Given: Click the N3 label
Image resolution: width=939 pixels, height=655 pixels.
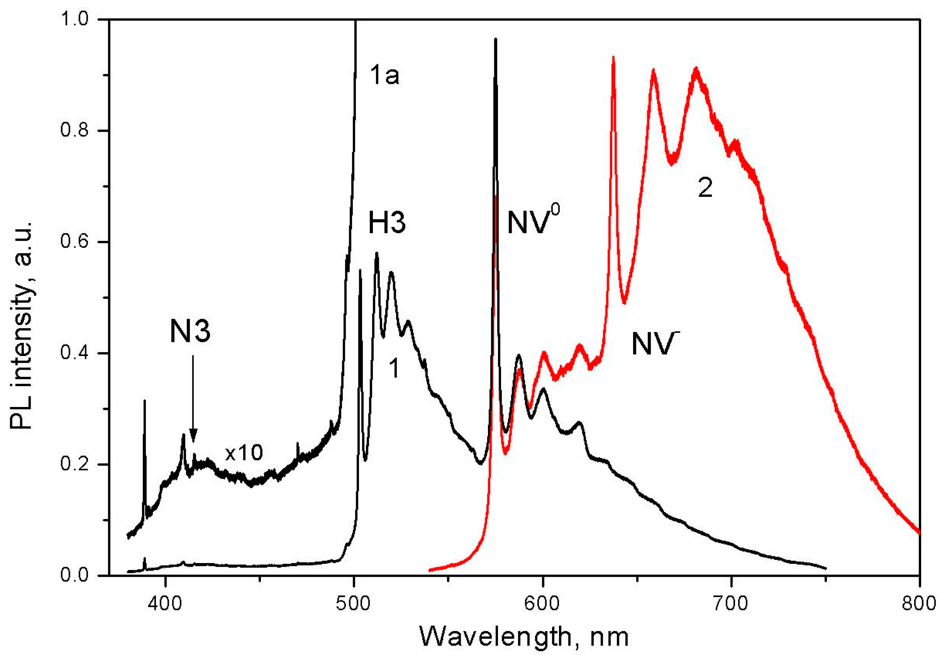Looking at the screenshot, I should point(190,331).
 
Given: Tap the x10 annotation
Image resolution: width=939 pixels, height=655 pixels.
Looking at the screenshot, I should point(244,452).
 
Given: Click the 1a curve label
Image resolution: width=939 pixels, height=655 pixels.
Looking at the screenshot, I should point(384,75).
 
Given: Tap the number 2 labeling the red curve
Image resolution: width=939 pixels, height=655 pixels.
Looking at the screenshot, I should point(705,188).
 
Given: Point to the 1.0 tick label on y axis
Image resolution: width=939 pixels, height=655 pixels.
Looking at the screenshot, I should point(74,20).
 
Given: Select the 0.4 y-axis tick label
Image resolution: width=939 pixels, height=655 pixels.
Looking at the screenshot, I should point(74,353).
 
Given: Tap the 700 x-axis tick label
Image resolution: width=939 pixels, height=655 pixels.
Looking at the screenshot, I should point(731,604).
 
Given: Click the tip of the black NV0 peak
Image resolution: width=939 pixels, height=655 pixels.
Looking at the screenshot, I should point(496,40).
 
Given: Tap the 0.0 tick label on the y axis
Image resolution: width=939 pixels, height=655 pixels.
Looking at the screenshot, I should point(74,575).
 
